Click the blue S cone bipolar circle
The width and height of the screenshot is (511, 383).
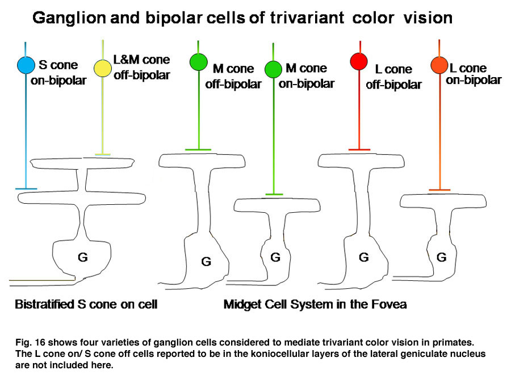[26, 65]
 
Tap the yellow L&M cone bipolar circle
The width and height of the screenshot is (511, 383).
[103, 69]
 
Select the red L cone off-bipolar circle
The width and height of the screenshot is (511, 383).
[359, 61]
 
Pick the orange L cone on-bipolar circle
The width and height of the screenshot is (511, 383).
[439, 65]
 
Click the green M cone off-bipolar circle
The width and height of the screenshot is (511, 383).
[199, 61]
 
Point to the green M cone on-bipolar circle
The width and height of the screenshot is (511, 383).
[273, 69]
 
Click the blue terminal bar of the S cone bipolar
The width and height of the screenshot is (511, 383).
[26, 188]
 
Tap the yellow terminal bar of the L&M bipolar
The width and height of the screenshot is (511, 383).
[103, 154]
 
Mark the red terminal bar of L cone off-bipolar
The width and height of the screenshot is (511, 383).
[359, 150]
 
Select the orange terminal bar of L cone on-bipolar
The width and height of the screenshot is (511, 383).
[439, 190]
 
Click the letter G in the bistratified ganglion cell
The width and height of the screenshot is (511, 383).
[83, 257]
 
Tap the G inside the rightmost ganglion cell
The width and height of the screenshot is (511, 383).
[442, 257]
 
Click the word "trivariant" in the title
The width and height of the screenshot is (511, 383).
[307, 18]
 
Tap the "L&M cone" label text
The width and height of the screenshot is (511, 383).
[141, 60]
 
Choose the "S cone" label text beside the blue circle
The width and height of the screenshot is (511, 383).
[58, 65]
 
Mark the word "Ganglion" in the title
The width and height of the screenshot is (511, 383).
[69, 18]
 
